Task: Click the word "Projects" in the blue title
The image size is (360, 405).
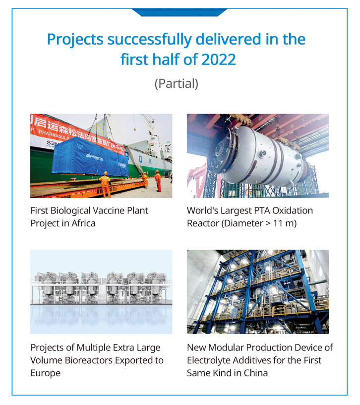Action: tap(75, 40)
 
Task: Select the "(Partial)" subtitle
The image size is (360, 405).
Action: tap(177, 84)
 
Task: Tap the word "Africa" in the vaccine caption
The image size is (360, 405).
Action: tap(83, 223)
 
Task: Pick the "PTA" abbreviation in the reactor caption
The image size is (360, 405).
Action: tap(261, 210)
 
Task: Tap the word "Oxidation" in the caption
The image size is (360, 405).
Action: tap(293, 210)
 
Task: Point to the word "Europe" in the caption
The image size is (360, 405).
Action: tap(46, 373)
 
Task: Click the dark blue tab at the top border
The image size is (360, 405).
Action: tap(180, 12)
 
